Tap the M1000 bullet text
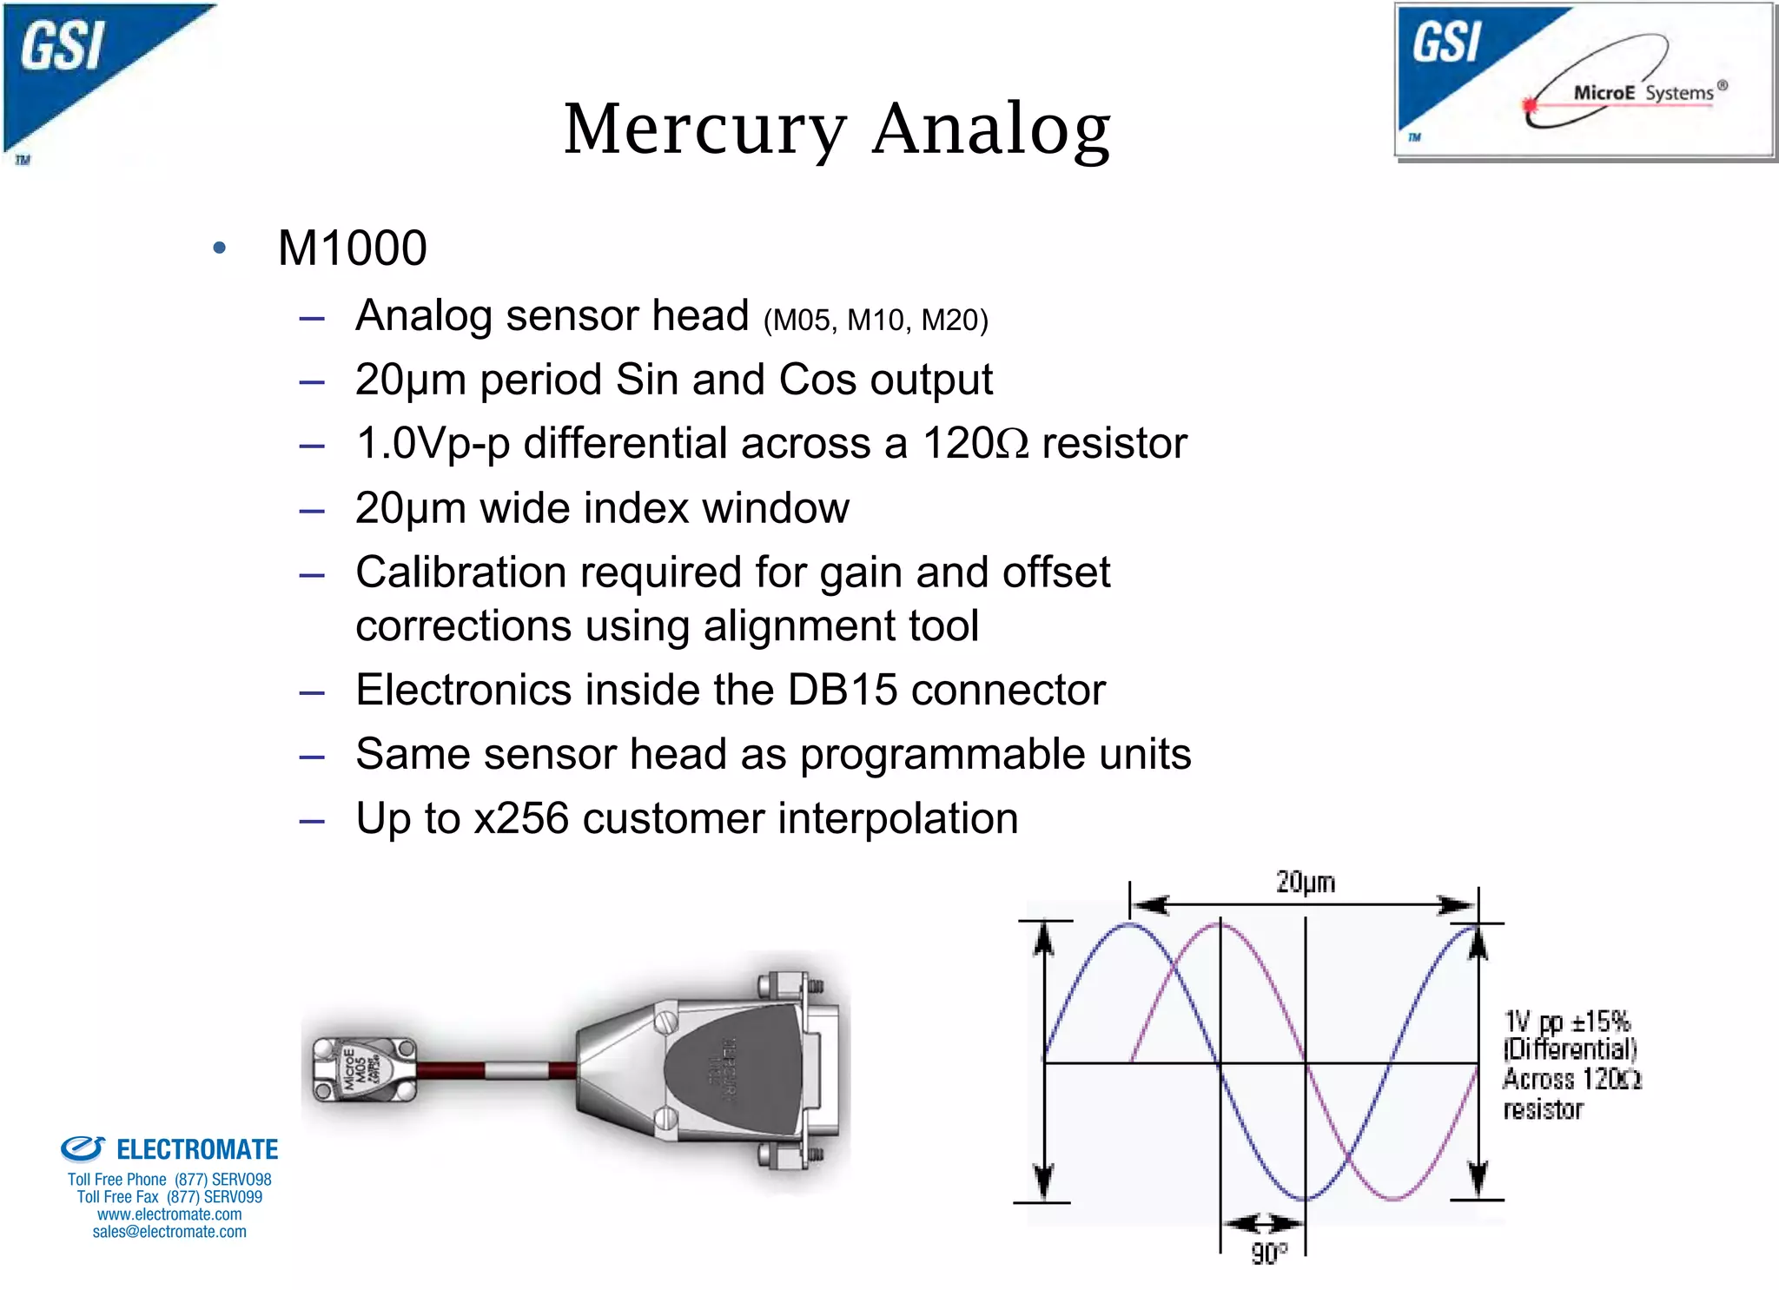click(352, 248)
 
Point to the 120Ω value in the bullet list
click(975, 444)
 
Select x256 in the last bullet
click(521, 819)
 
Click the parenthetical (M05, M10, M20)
click(876, 321)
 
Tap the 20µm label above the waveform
click(1305, 883)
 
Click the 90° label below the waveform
click(1268, 1254)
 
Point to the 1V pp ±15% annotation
click(1566, 1022)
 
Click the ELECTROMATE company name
click(196, 1150)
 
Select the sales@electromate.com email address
click(169, 1232)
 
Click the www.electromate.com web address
click(169, 1214)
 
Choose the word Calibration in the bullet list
click(460, 573)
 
